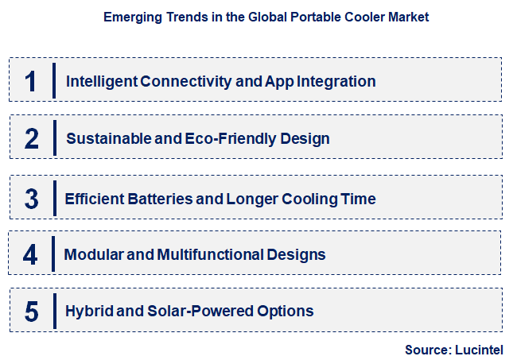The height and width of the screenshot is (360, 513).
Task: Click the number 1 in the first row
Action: click(x=31, y=81)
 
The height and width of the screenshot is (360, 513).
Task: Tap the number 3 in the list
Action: click(x=32, y=199)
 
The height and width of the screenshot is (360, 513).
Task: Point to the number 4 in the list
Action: click(x=30, y=255)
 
